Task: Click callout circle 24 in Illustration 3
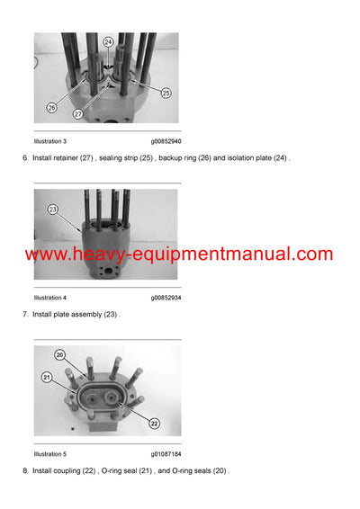point(109,42)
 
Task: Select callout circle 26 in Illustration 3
point(51,108)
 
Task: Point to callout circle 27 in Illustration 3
point(78,115)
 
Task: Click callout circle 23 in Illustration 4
point(53,210)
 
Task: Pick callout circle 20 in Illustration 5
point(60,354)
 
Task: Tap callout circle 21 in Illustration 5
point(47,378)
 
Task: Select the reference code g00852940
point(166,142)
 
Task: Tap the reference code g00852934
point(166,298)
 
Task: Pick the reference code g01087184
point(166,453)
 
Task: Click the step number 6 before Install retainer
point(24,159)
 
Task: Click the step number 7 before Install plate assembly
point(24,315)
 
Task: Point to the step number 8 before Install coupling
point(24,470)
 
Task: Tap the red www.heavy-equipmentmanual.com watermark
point(179,254)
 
